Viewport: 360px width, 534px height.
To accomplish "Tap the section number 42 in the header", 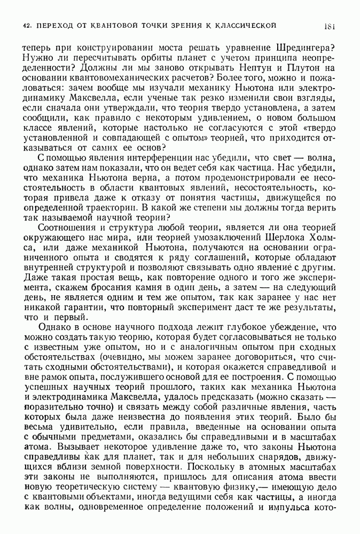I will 26,25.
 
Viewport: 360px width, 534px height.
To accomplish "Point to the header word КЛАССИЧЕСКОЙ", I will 245,25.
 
